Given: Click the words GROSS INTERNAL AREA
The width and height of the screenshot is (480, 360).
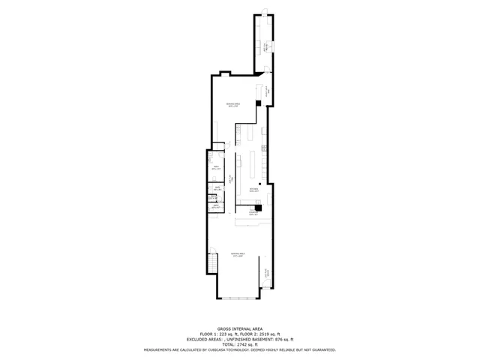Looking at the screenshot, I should coord(239,328).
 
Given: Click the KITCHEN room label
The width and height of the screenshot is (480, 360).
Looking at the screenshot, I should coord(254,189).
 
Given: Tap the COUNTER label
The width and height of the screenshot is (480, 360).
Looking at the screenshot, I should coord(253,214).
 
